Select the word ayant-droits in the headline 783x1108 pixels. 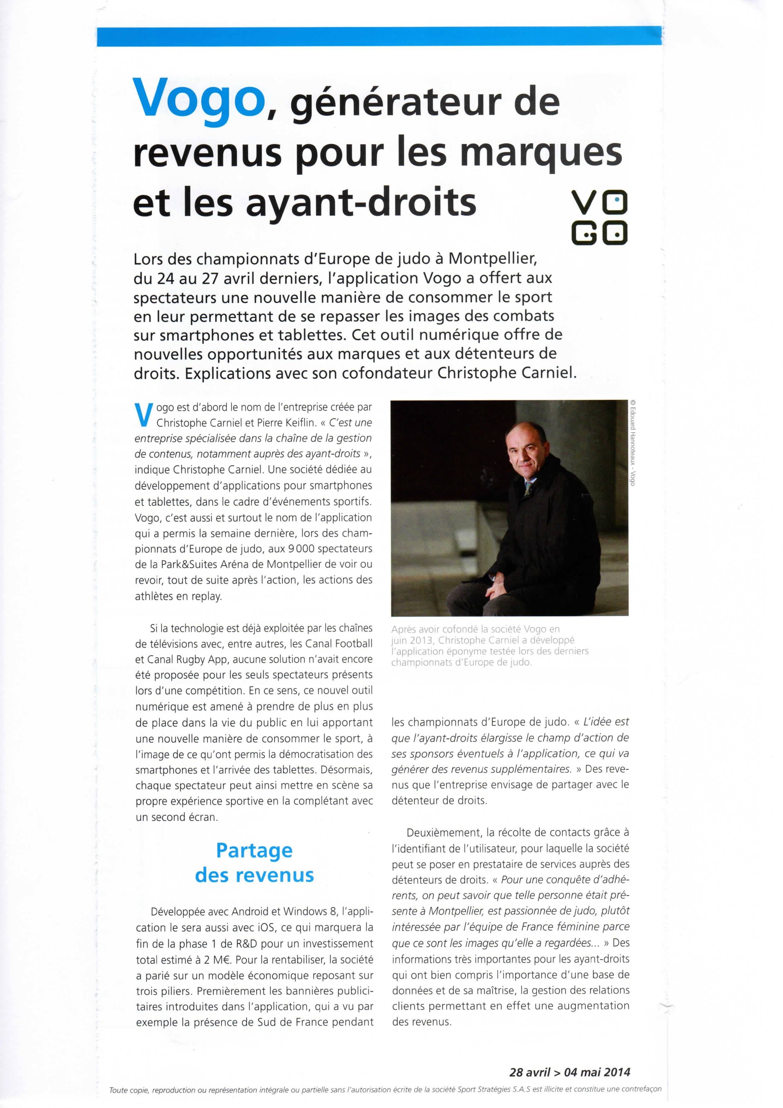click(x=361, y=204)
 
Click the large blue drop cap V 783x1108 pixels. click(x=143, y=415)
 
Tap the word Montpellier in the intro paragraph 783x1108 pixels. click(x=493, y=259)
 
